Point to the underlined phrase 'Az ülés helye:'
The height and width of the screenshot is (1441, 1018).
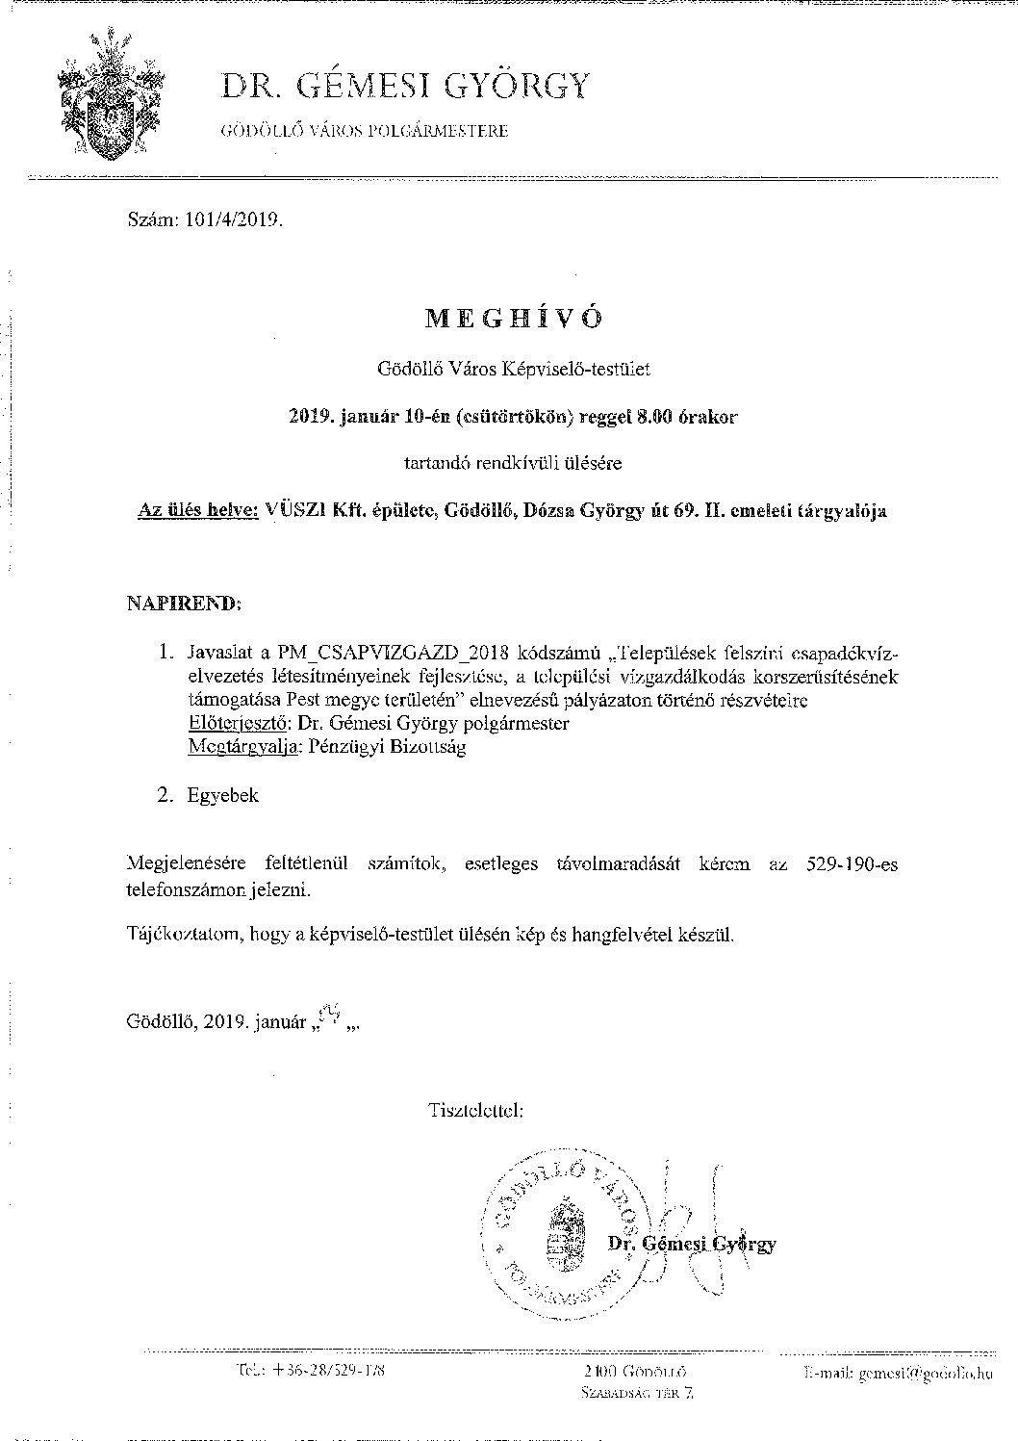(198, 510)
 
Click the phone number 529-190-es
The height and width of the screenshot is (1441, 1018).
(850, 864)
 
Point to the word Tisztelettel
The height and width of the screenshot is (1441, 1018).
(476, 1110)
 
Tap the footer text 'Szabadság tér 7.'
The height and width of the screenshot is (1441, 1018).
(636, 1392)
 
